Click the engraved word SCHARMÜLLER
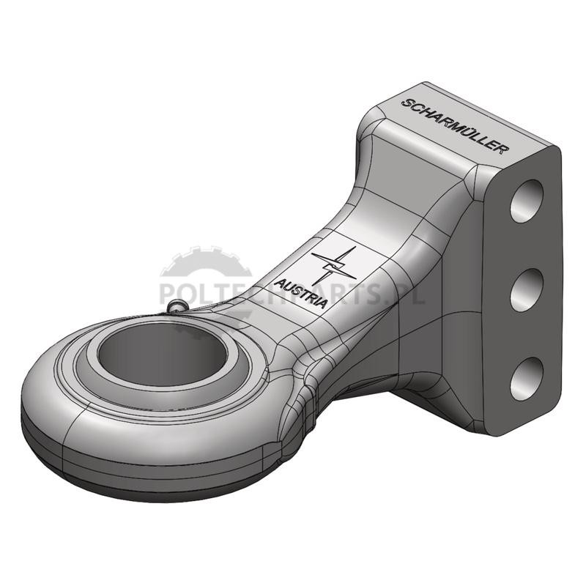tap(455, 126)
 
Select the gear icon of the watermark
tap(207, 262)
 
